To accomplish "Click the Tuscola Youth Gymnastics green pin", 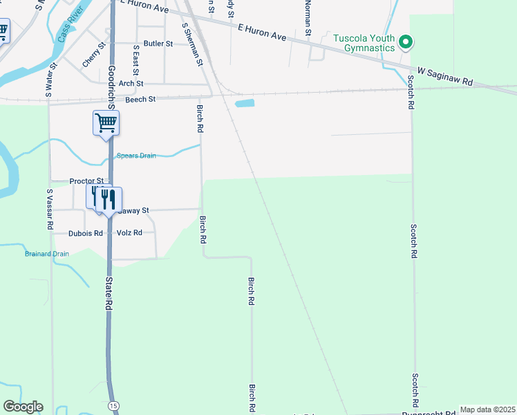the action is click(x=406, y=42).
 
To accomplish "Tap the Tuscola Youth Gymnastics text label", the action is click(x=364, y=43).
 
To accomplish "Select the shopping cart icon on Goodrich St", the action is click(x=106, y=123).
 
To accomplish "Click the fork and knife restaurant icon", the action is click(x=108, y=199).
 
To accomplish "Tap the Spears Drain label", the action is click(x=136, y=156).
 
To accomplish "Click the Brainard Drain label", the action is click(x=47, y=254).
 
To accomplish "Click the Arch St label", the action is click(x=131, y=84).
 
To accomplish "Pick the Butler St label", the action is click(x=158, y=44).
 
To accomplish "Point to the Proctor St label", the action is click(x=86, y=181).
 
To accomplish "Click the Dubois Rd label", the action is click(x=86, y=233).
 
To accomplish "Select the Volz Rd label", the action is click(x=129, y=233).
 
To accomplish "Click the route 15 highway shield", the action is click(x=113, y=404).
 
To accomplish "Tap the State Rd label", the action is click(x=109, y=293).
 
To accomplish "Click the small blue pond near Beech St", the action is click(x=245, y=104).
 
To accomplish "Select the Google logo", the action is click(x=23, y=407).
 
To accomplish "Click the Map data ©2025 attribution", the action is click(x=487, y=409).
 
